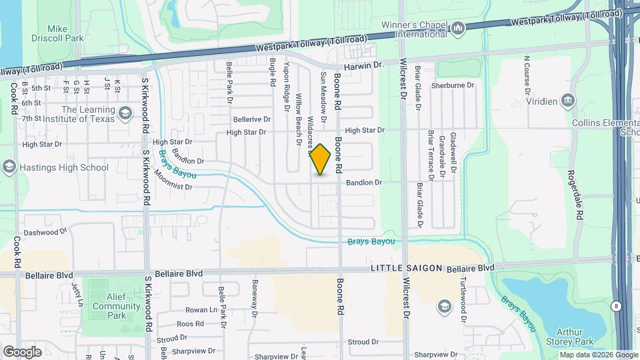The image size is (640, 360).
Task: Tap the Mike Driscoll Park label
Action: click(x=65, y=33)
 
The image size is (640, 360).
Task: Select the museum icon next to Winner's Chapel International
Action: click(x=458, y=29)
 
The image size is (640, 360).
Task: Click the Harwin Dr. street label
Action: click(x=365, y=66)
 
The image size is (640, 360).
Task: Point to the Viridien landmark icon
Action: click(x=567, y=101)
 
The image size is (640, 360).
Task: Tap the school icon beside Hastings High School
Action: click(x=9, y=167)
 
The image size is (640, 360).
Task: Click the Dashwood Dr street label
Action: click(x=45, y=233)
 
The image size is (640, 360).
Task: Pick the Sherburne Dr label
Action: click(x=452, y=85)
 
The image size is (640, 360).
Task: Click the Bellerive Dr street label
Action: click(x=252, y=119)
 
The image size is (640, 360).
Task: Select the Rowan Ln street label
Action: click(x=202, y=310)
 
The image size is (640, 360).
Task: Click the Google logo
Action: click(x=22, y=351)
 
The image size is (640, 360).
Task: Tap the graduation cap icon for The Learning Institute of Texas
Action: click(x=124, y=114)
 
